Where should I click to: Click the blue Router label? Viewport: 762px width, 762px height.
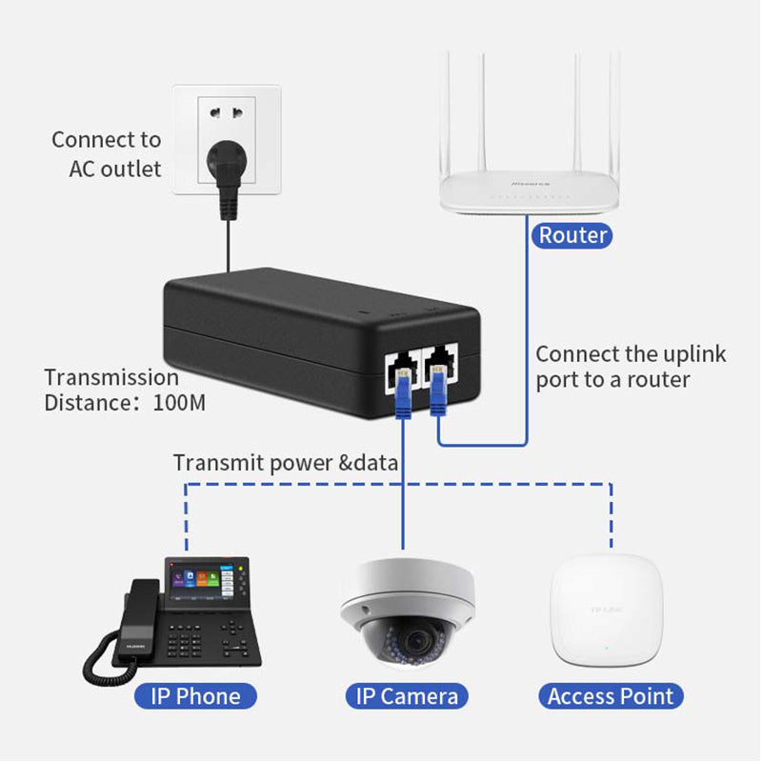pyautogui.click(x=571, y=235)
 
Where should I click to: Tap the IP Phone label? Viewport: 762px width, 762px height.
pyautogui.click(x=195, y=696)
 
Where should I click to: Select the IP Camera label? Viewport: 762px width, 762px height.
pyautogui.click(x=407, y=696)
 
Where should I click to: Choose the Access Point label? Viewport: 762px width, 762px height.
pyautogui.click(x=611, y=696)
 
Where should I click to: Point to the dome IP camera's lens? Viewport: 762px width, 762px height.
pyautogui.click(x=416, y=641)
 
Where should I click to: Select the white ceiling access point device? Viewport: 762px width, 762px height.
pyautogui.click(x=607, y=610)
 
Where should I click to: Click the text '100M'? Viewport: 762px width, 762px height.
pyautogui.click(x=179, y=403)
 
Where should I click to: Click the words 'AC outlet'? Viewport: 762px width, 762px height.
pyautogui.click(x=115, y=170)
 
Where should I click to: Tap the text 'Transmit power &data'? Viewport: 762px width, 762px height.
pyautogui.click(x=286, y=463)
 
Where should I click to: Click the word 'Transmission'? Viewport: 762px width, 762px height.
pyautogui.click(x=111, y=377)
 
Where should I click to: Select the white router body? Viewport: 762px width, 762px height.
pyautogui.click(x=529, y=191)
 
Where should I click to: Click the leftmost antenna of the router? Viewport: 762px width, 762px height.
pyautogui.click(x=446, y=111)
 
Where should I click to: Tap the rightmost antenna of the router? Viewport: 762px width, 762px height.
pyautogui.click(x=615, y=111)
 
